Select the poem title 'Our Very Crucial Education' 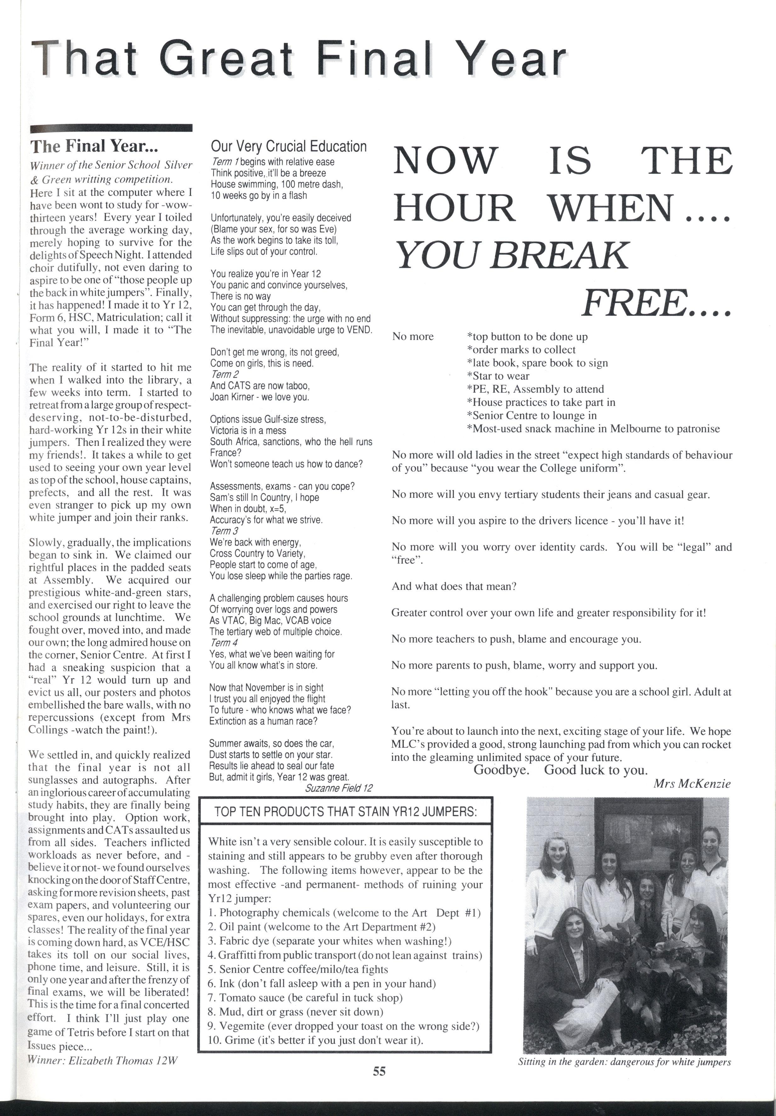(x=289, y=146)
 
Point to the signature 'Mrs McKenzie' (x=692, y=783)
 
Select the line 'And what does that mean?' (x=454, y=586)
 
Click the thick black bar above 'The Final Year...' (x=111, y=128)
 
